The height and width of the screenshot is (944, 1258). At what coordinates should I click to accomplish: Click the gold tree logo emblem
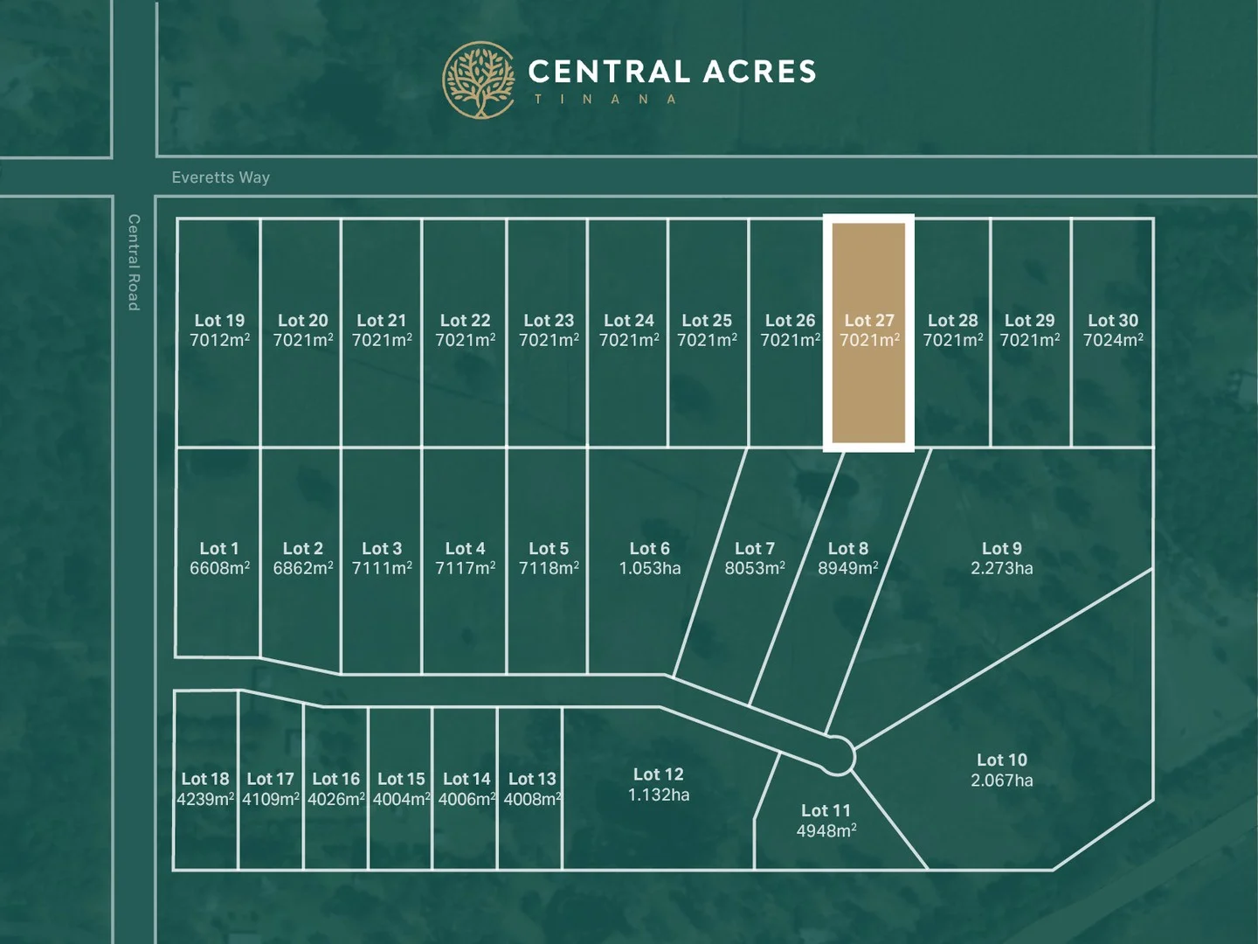tap(480, 80)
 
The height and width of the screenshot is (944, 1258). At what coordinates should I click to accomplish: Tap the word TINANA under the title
tap(605, 100)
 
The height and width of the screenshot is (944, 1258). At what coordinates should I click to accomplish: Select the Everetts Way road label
tap(220, 177)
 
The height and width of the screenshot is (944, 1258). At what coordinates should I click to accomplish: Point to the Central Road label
tap(134, 262)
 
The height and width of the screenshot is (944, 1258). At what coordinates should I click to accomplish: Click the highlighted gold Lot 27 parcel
tap(868, 393)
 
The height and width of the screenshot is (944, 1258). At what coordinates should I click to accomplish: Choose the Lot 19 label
tap(219, 321)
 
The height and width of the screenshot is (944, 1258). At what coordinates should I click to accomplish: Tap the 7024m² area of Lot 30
tap(1112, 340)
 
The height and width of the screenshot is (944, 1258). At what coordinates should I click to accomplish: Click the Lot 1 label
tap(218, 548)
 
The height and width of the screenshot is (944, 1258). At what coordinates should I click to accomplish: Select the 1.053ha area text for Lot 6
tap(649, 568)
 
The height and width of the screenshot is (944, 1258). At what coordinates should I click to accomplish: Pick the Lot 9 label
tap(1001, 548)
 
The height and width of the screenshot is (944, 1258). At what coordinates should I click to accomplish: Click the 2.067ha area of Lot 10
tap(1001, 780)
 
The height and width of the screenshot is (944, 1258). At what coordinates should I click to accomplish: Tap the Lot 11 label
tap(826, 810)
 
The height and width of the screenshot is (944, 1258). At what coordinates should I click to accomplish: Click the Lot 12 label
tap(658, 774)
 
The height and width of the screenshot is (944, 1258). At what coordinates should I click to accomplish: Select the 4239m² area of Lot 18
tap(205, 799)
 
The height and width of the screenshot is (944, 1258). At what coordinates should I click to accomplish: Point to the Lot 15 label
tap(401, 779)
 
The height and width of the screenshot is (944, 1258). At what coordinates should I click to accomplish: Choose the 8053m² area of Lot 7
tap(754, 568)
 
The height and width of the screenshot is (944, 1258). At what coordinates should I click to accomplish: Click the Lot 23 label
tap(549, 321)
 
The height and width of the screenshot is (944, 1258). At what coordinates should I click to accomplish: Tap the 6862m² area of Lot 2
tap(302, 568)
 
